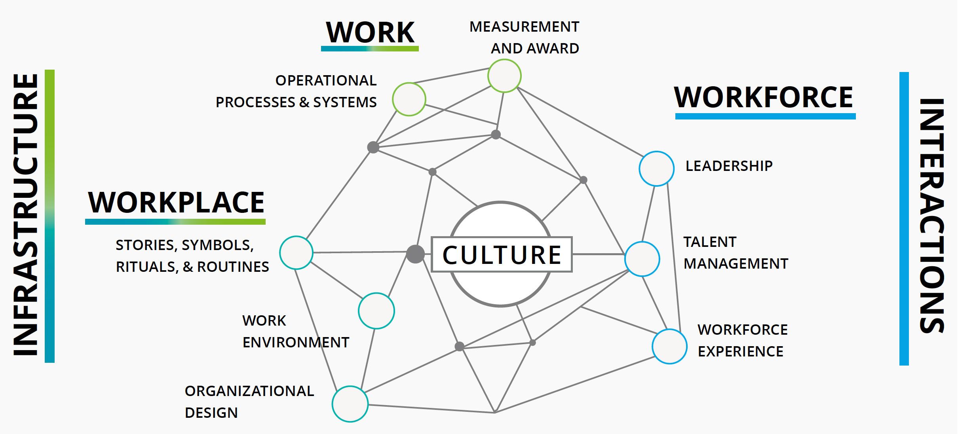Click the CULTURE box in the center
(502, 254)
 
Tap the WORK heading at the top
(370, 32)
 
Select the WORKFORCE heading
(764, 97)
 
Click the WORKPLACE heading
(176, 203)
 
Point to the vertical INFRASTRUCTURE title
(26, 216)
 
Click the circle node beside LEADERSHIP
(656, 169)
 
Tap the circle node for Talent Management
(642, 259)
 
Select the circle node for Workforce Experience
(669, 347)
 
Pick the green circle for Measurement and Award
(504, 76)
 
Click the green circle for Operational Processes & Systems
(409, 99)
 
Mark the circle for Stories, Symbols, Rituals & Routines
(296, 253)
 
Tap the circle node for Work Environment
(376, 311)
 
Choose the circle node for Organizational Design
(350, 404)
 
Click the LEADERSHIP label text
(729, 166)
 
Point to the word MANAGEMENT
(736, 264)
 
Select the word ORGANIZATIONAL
(249, 391)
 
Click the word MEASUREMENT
(524, 27)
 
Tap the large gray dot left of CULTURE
(415, 254)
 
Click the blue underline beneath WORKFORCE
(765, 116)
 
